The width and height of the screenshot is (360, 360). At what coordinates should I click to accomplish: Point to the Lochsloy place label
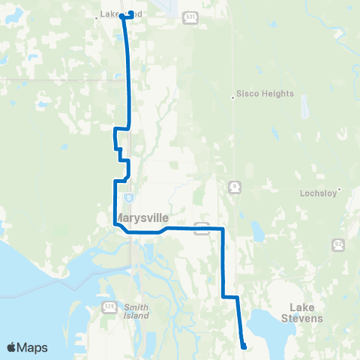(320, 192)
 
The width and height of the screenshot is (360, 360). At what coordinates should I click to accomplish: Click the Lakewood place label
(112, 13)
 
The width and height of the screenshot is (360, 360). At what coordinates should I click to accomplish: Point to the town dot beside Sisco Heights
(232, 95)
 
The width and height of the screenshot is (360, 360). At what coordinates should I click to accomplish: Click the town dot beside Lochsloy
(340, 189)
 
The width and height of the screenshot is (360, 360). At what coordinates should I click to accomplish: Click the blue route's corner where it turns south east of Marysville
(223, 228)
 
